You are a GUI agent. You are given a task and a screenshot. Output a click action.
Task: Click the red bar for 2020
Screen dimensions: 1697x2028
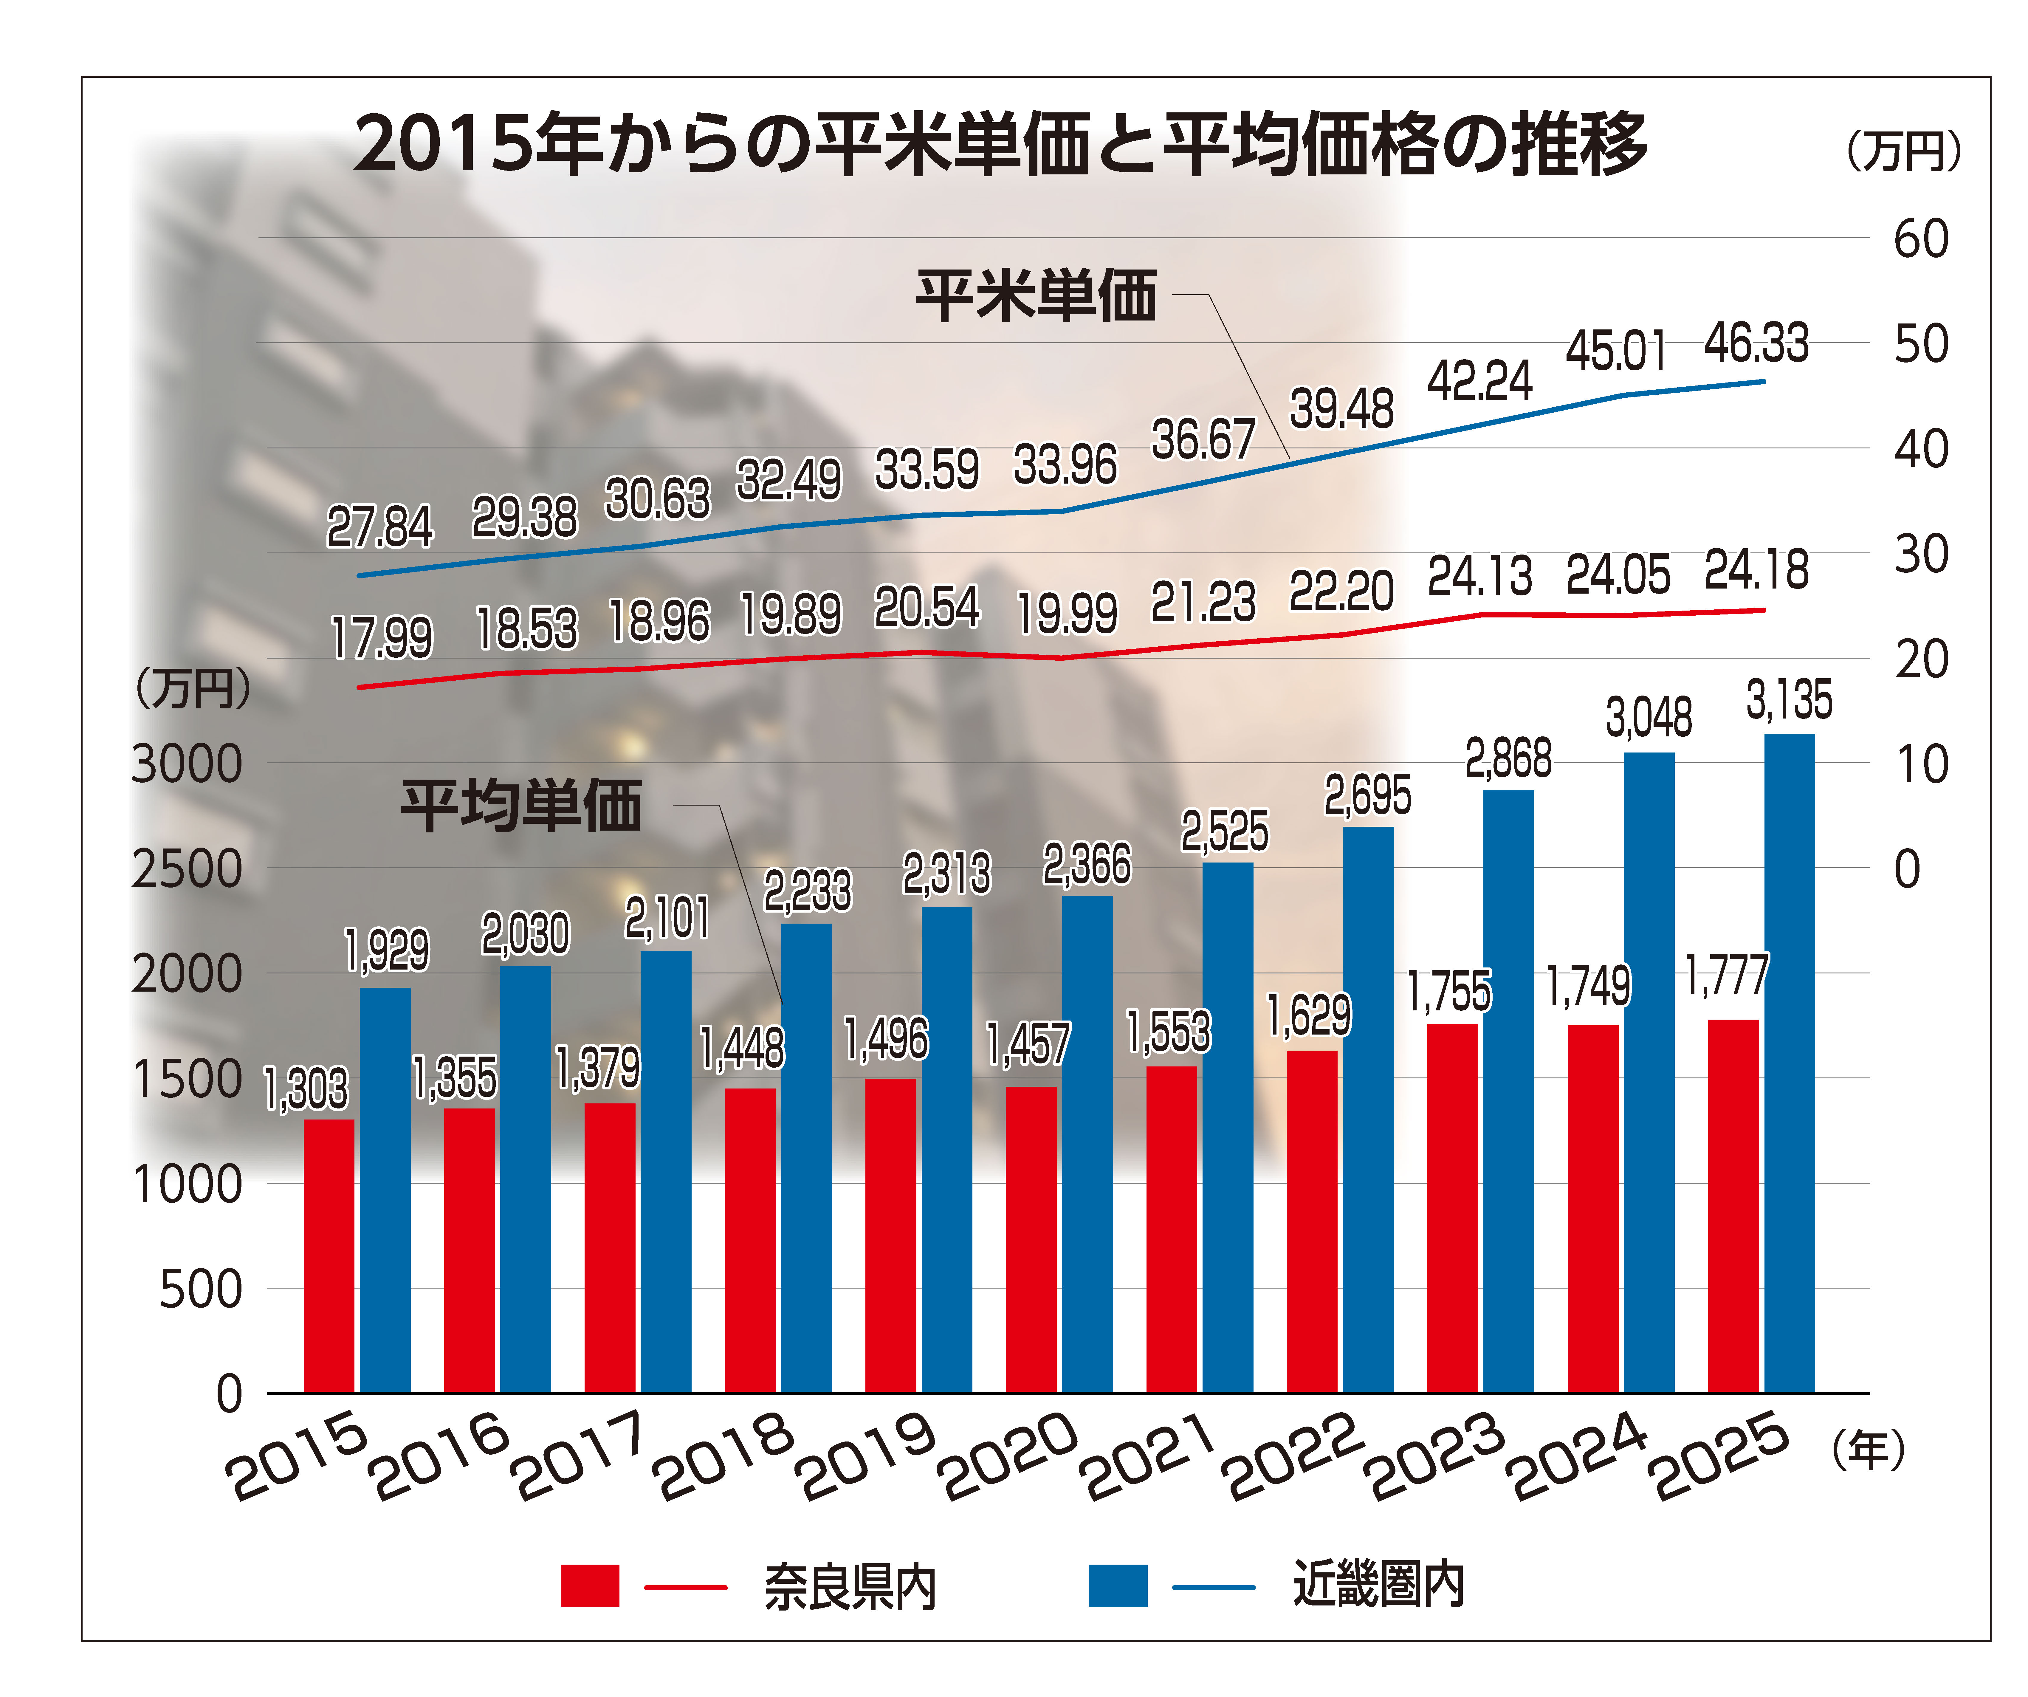click(x=1031, y=1239)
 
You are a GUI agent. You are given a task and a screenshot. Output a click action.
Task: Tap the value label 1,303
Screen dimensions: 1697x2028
click(x=305, y=1089)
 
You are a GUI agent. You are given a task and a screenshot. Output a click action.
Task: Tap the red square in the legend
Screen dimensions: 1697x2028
click(x=589, y=1586)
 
